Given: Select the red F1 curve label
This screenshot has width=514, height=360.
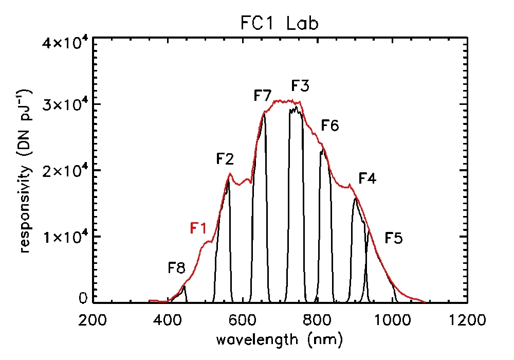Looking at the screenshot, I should (x=199, y=228).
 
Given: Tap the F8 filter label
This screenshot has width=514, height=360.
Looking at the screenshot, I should (x=177, y=268).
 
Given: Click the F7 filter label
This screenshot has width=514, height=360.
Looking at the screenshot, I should (x=263, y=96).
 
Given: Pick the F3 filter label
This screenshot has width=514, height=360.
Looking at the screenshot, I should (x=300, y=85).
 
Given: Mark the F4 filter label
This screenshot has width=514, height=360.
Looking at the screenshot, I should (x=367, y=179).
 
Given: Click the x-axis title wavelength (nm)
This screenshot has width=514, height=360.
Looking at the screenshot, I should (x=279, y=339).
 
